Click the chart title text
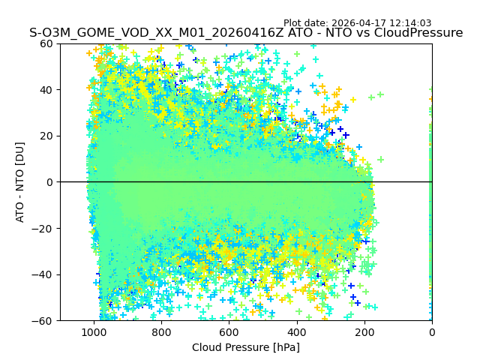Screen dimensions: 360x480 246,33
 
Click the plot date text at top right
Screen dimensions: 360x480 357,23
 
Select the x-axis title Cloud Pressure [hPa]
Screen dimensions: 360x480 246,347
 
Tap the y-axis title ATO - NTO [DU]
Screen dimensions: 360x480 20,182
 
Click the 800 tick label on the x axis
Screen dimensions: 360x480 161,331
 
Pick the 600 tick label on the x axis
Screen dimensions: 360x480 229,331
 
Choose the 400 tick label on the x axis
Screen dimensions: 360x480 296,331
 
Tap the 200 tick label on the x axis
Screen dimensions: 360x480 364,331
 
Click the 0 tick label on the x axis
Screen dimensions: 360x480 431,331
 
